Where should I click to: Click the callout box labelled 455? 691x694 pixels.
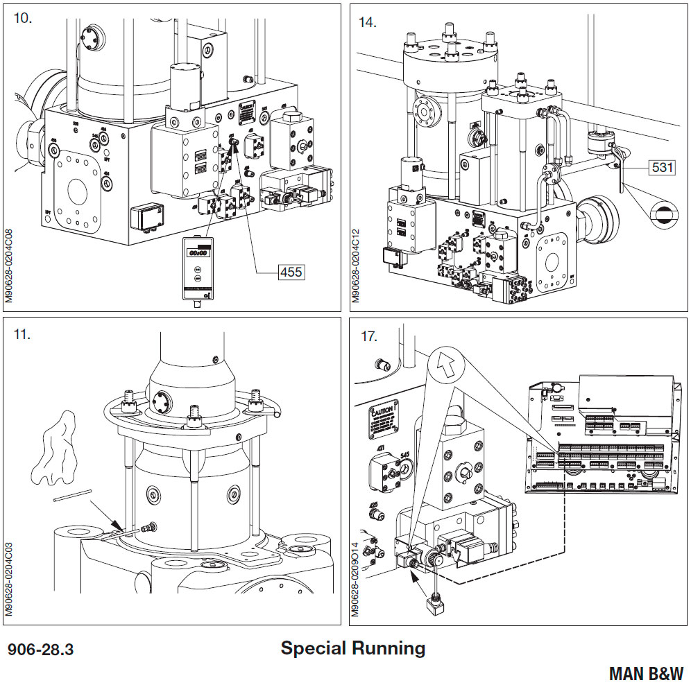pyautogui.click(x=290, y=272)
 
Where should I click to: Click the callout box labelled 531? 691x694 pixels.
pyautogui.click(x=662, y=166)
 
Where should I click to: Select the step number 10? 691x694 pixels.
pyautogui.click(x=23, y=19)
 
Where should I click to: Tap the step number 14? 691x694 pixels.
pyautogui.click(x=367, y=22)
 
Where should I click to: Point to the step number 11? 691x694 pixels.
pyautogui.click(x=22, y=333)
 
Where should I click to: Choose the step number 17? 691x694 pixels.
pyautogui.click(x=368, y=336)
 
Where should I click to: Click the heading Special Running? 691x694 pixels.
pyautogui.click(x=352, y=648)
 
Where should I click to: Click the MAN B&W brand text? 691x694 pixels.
pyautogui.click(x=645, y=673)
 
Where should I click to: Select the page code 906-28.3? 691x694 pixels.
pyautogui.click(x=40, y=650)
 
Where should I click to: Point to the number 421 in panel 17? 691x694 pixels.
pyautogui.click(x=380, y=449)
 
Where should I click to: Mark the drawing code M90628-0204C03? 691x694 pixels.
pyautogui.click(x=9, y=579)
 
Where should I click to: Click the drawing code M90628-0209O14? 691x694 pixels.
pyautogui.click(x=355, y=579)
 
